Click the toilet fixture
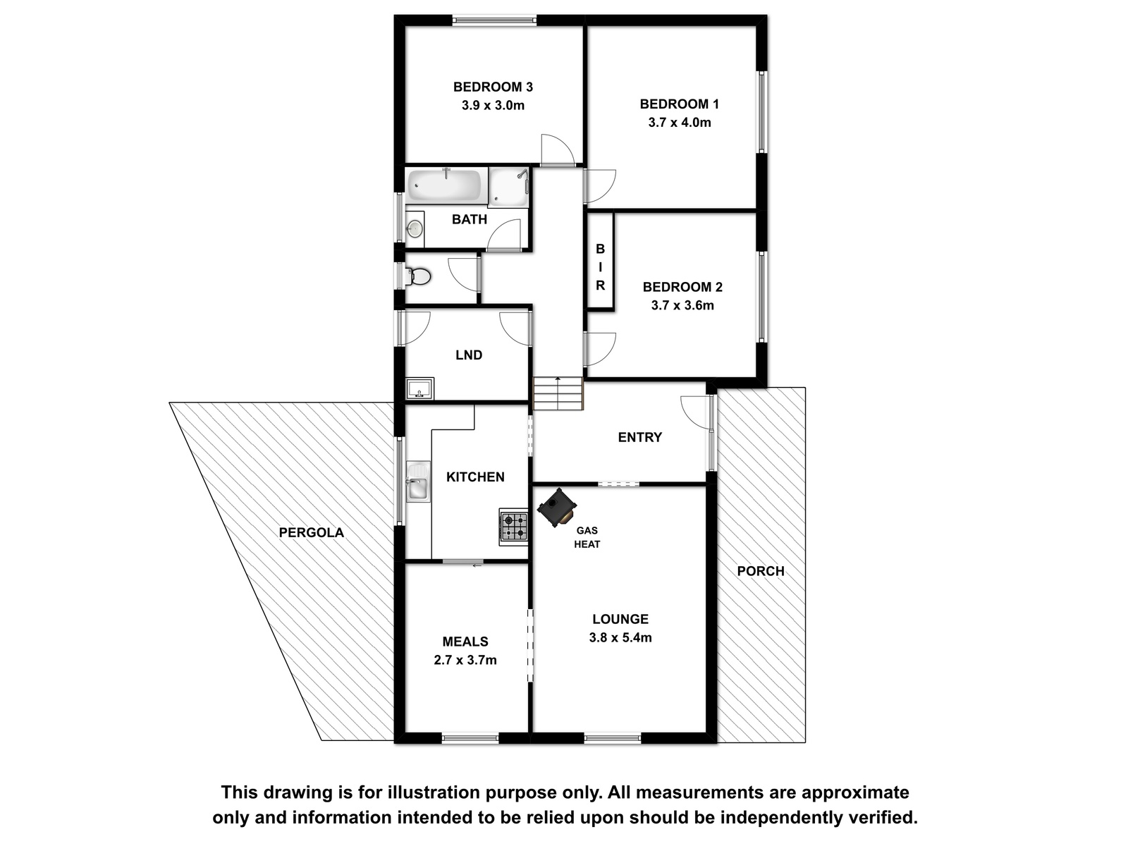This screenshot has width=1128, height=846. (x=418, y=276)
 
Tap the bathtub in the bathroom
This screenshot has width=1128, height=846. (x=445, y=185)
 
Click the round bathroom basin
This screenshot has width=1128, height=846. (x=415, y=228)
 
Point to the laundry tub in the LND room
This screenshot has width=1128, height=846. (x=420, y=388)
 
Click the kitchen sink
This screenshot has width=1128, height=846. (x=418, y=482)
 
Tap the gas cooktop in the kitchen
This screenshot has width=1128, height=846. (x=513, y=527)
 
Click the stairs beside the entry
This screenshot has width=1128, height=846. (x=558, y=393)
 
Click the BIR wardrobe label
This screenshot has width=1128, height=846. (x=600, y=267)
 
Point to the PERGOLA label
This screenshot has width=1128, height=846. (x=312, y=533)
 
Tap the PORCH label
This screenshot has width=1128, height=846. (x=761, y=571)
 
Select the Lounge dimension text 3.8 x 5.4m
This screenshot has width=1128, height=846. (x=620, y=637)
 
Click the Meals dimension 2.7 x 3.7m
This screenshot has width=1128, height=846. (x=465, y=660)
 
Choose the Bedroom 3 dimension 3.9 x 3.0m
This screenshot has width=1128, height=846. (x=493, y=106)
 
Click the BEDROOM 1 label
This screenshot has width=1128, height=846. (x=680, y=104)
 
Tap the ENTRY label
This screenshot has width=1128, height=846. (x=640, y=437)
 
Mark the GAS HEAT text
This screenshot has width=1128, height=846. (x=587, y=537)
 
